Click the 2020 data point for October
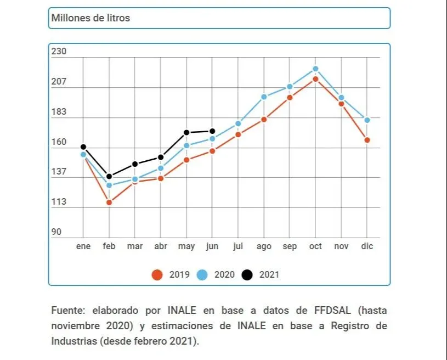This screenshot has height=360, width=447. click(315, 69)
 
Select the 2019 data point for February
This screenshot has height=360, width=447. click(109, 203)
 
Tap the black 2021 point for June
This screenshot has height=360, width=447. click(212, 131)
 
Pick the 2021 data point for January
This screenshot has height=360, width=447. click(83, 147)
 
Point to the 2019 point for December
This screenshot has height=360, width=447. click(367, 140)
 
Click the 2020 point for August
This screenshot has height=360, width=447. click(264, 97)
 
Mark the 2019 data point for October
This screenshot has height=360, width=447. click(315, 79)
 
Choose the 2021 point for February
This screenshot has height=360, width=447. click(109, 176)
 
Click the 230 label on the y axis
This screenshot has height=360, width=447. click(59, 52)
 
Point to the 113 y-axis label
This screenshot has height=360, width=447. click(59, 202)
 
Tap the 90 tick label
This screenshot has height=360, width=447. click(56, 232)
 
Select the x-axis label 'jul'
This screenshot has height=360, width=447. click(238, 246)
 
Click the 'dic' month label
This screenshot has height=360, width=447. click(367, 246)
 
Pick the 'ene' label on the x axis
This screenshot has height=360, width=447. click(83, 246)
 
